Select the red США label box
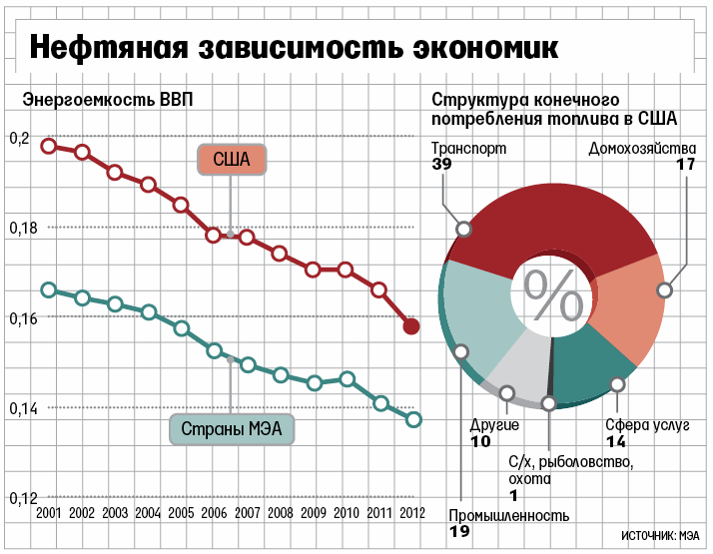(232, 160)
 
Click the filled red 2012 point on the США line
(410, 326)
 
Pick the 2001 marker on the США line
(49, 146)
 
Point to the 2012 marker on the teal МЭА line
(413, 419)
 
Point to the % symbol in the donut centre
(553, 293)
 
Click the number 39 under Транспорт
(441, 165)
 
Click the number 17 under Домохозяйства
(685, 165)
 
